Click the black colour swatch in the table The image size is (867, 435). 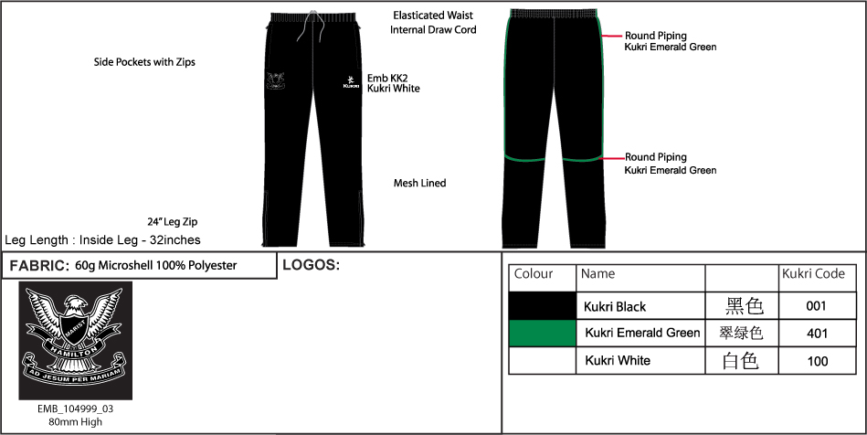(x=543, y=305)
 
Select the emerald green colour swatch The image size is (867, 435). (x=543, y=333)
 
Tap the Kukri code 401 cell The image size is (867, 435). (x=817, y=334)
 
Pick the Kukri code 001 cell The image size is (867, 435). (x=817, y=306)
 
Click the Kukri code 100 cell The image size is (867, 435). (x=817, y=361)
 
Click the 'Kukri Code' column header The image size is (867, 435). (x=813, y=274)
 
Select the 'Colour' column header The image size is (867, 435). (x=534, y=274)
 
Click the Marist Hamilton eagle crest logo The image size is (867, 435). (x=76, y=340)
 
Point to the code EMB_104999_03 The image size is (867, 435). (x=76, y=409)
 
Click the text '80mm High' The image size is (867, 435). (x=76, y=422)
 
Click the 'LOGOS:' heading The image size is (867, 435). (x=312, y=266)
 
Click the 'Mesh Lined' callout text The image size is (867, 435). (x=419, y=184)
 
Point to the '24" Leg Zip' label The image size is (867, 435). (x=172, y=222)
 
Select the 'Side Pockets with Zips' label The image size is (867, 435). (x=144, y=63)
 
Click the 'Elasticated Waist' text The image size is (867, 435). (x=433, y=16)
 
